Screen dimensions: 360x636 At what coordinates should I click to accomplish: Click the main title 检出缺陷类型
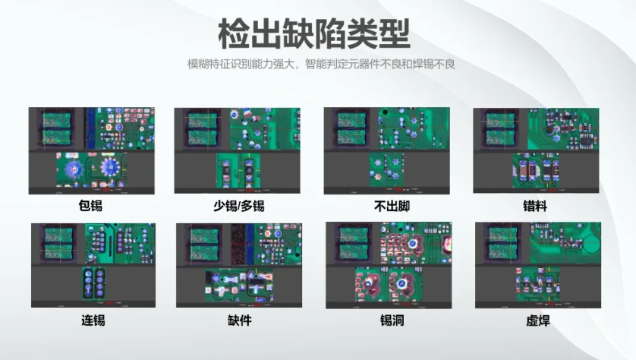313,34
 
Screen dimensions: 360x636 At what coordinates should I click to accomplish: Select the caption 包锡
90,205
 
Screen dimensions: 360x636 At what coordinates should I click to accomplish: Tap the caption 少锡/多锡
238,205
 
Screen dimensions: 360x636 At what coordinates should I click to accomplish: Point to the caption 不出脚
387,205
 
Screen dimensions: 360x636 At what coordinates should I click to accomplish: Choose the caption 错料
536,205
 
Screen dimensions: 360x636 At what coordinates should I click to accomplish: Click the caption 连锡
93,320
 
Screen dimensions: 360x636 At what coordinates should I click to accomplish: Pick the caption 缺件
239,320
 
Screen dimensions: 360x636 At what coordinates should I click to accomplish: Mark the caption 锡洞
390,320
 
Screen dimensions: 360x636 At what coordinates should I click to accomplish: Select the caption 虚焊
537,320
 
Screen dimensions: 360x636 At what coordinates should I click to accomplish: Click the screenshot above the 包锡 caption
91,150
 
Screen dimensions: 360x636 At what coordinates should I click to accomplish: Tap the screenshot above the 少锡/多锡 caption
238,150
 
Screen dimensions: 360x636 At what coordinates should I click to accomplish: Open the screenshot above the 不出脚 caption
386,150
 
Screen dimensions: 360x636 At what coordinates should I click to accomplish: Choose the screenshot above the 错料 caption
536,150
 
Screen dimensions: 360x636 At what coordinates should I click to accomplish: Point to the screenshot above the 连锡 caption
93,265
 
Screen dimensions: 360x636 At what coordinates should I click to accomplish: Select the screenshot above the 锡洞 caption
389,265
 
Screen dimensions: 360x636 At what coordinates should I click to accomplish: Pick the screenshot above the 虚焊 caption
537,265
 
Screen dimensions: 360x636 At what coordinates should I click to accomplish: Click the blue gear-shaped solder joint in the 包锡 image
109,166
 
